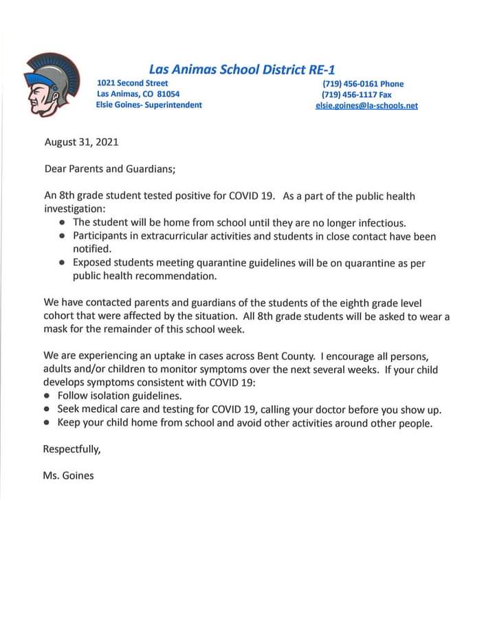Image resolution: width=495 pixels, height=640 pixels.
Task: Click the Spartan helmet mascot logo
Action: pos(46,87)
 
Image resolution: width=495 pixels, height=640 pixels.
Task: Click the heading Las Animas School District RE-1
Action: pos(242,69)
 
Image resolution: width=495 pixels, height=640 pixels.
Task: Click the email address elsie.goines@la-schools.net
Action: pos(366,106)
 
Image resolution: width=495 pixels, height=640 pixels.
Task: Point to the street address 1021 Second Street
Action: pos(133,83)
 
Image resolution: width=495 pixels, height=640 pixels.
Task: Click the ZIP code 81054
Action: pos(168,94)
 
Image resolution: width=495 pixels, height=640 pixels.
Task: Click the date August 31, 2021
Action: pos(81,142)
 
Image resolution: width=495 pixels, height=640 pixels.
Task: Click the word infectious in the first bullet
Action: pos(382,222)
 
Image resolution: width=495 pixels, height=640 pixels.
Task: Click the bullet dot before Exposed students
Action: pos(63,262)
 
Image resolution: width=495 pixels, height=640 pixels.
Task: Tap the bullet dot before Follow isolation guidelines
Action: pos(47,396)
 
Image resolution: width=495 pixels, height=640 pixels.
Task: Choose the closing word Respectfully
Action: pos(72,450)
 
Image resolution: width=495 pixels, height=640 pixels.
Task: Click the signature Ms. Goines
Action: pos(68,475)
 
